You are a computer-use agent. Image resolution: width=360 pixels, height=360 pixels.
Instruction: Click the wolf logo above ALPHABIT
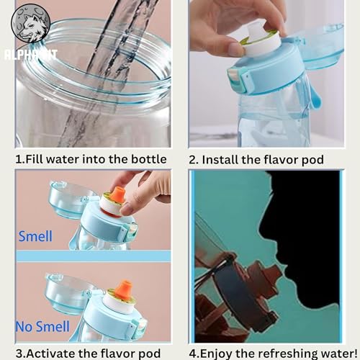pos(31,24)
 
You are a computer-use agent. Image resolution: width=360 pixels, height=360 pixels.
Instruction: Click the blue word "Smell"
pos(35,236)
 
